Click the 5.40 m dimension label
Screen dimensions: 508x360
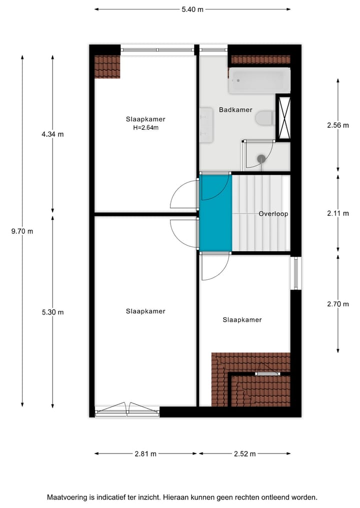tap(192, 9)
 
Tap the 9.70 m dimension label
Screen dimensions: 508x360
tap(22, 231)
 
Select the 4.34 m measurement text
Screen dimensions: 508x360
tap(53, 134)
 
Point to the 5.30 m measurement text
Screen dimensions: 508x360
tap(53, 312)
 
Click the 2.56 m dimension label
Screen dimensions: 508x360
tap(338, 125)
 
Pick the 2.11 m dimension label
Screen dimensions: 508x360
tap(338, 213)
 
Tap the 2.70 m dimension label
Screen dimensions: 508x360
tap(338, 303)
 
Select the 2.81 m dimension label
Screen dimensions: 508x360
tap(145, 454)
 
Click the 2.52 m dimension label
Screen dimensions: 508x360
tap(244, 454)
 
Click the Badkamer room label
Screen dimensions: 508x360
tap(235, 110)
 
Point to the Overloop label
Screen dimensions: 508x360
tap(273, 214)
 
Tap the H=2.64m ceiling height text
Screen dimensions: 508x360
tap(145, 127)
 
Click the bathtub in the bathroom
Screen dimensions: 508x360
tap(259, 81)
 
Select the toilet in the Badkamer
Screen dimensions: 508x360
tap(263, 119)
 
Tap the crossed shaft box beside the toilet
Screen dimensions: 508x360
tap(283, 118)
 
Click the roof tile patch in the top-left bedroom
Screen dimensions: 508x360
tap(107, 67)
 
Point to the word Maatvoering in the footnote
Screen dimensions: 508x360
tap(66, 498)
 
